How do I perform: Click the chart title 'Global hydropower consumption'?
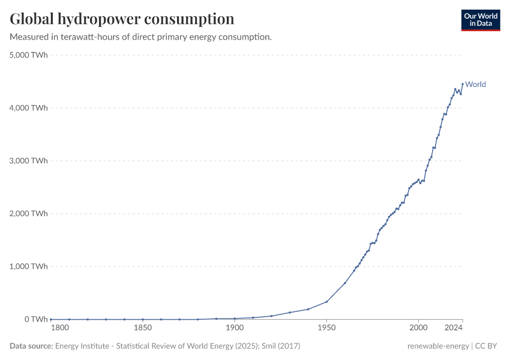(122, 19)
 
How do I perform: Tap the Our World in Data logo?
(481, 20)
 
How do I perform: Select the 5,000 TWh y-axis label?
(29, 55)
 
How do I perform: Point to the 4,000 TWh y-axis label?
(29, 108)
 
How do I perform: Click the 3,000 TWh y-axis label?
(29, 161)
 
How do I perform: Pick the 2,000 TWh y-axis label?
(29, 214)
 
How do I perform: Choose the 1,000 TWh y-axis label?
(29, 266)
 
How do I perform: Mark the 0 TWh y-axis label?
(36, 319)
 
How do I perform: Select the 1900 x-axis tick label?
(235, 328)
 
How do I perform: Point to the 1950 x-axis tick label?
(326, 328)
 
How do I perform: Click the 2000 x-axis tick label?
(418, 328)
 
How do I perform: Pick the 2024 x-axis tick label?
(454, 328)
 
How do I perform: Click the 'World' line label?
(475, 85)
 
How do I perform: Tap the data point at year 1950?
(326, 302)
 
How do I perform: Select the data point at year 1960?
(345, 283)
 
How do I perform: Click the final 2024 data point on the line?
(463, 84)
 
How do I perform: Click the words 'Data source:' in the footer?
(31, 346)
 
